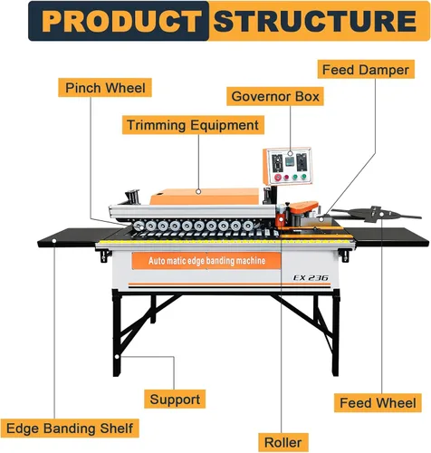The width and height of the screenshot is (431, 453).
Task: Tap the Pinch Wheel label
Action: pos(105,88)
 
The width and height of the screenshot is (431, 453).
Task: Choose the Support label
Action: pos(176,399)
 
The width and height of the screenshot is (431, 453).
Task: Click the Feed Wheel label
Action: pos(378,401)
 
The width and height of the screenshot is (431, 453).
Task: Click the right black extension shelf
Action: pos(390,236)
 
